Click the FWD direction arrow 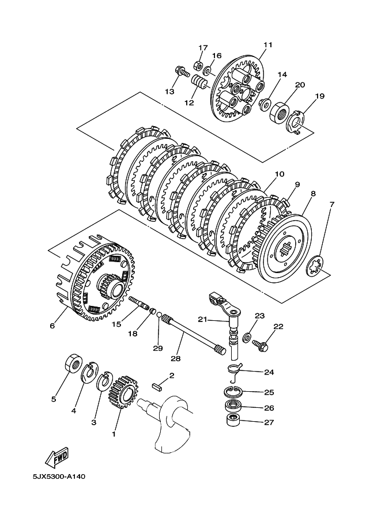58,457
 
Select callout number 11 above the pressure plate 268,44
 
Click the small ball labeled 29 159,316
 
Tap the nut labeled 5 73,364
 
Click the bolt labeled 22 261,345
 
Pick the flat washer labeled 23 248,336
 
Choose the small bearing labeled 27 232,421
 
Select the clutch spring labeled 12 198,82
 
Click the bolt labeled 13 182,72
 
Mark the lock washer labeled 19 295,122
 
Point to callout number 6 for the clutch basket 52,326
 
